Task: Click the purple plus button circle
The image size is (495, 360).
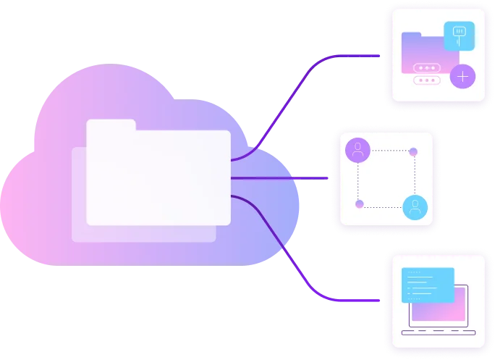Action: pyautogui.click(x=463, y=75)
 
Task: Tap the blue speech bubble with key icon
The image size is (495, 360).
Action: pyautogui.click(x=459, y=35)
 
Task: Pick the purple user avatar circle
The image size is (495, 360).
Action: pyautogui.click(x=357, y=150)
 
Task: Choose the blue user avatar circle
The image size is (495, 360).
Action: pyautogui.click(x=415, y=208)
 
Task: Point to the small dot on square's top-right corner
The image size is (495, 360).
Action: pyautogui.click(x=413, y=151)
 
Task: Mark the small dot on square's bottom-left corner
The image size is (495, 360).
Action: pyautogui.click(x=359, y=204)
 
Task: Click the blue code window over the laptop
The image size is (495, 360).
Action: pyautogui.click(x=428, y=285)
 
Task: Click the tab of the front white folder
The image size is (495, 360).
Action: pyautogui.click(x=111, y=125)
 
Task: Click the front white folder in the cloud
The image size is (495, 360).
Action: pyautogui.click(x=158, y=177)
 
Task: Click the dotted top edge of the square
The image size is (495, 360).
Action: pyautogui.click(x=387, y=151)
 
